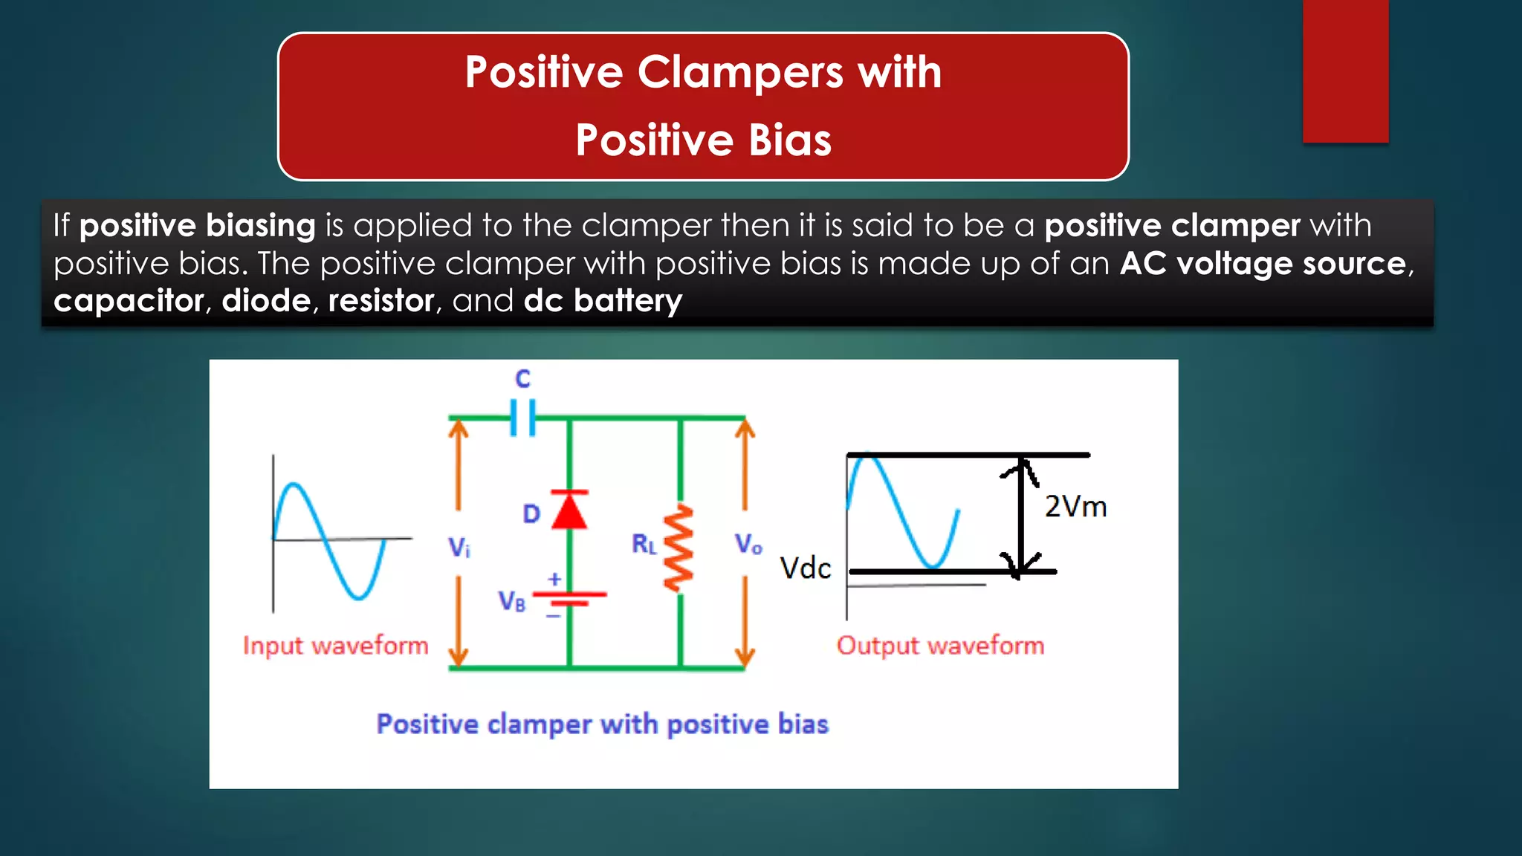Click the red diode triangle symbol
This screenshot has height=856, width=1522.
569,510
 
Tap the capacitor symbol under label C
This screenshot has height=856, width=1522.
523,418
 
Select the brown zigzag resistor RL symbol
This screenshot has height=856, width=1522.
679,548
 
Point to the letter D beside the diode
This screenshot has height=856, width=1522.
531,514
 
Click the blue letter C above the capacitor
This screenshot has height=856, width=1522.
523,379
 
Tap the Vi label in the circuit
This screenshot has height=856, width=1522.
459,548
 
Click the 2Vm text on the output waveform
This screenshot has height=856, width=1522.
1075,507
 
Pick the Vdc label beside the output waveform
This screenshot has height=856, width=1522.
806,568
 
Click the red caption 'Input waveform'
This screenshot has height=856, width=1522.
336,646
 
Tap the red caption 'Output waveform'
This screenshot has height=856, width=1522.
940,646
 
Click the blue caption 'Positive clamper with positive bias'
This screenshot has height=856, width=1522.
602,724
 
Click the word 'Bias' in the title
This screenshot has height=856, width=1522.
789,140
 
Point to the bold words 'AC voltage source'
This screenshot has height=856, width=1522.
1263,264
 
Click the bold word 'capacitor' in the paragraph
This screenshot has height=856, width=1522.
129,301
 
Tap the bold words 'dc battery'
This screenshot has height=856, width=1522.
603,301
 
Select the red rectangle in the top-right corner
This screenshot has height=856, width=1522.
1345,71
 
